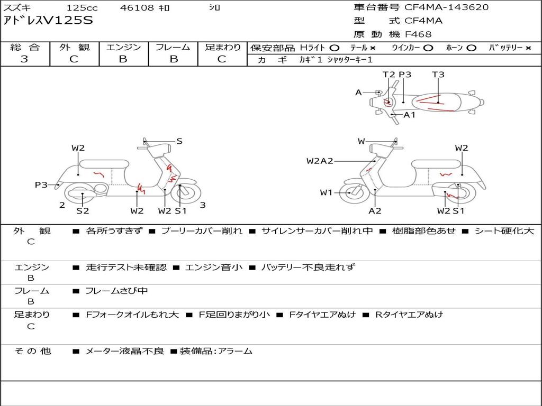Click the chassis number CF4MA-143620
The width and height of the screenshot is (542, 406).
click(446, 7)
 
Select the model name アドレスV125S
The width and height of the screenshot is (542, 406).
click(48, 21)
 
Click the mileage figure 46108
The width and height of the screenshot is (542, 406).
click(137, 7)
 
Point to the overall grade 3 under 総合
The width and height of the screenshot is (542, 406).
click(24, 59)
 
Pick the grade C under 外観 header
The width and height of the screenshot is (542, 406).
click(74, 59)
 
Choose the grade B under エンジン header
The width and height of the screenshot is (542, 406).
click(123, 59)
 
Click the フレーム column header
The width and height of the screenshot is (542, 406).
click(173, 47)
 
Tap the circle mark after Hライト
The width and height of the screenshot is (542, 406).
click(335, 48)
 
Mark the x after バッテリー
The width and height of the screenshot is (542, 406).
click(528, 48)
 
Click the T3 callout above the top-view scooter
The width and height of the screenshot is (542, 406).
click(438, 74)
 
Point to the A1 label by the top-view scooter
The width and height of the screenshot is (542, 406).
click(410, 115)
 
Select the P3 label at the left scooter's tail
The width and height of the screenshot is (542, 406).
click(41, 184)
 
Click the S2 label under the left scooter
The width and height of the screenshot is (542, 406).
click(83, 210)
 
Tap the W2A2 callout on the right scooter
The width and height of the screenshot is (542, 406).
click(320, 161)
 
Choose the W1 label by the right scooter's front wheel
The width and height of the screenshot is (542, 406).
click(326, 192)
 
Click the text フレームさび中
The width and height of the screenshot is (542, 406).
click(116, 291)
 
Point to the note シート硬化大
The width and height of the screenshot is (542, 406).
click(504, 230)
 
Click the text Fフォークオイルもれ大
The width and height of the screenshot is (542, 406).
click(132, 315)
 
